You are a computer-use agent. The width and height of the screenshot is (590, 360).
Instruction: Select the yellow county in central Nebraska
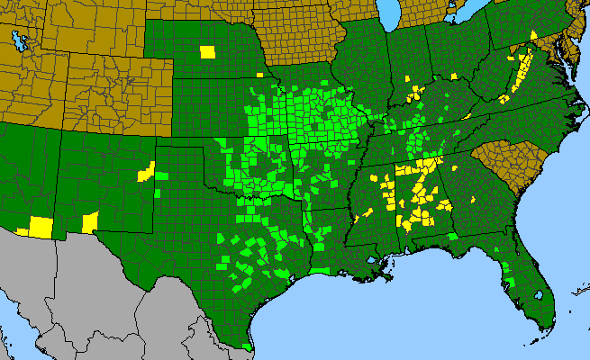[208, 50]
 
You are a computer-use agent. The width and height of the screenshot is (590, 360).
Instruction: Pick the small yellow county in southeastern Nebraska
[259, 73]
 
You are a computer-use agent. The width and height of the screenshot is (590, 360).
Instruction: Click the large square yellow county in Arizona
[41, 226]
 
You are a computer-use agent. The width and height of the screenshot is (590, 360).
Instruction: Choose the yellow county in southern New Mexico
[90, 221]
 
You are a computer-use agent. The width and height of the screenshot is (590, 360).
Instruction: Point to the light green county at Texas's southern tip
[248, 346]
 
